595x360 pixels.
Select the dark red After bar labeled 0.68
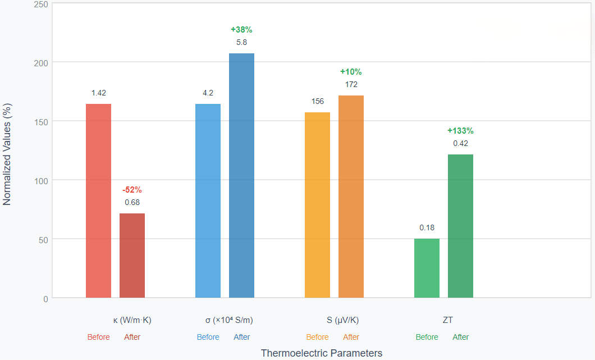[132, 256]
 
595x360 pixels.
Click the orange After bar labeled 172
[351, 197]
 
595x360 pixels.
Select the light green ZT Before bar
[427, 268]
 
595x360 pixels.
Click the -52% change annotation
[132, 190]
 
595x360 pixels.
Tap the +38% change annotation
[241, 30]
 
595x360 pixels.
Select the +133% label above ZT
[460, 131]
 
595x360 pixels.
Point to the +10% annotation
[351, 72]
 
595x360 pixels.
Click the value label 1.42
[98, 93]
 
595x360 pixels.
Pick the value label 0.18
[427, 228]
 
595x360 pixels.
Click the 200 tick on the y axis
[41, 62]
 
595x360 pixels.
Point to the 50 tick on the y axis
[43, 239]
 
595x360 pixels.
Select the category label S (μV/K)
[342, 321]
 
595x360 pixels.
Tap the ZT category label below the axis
[447, 321]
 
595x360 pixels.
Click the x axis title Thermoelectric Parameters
[321, 353]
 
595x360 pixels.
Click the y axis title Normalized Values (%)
[7, 153]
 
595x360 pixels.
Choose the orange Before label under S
[317, 338]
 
